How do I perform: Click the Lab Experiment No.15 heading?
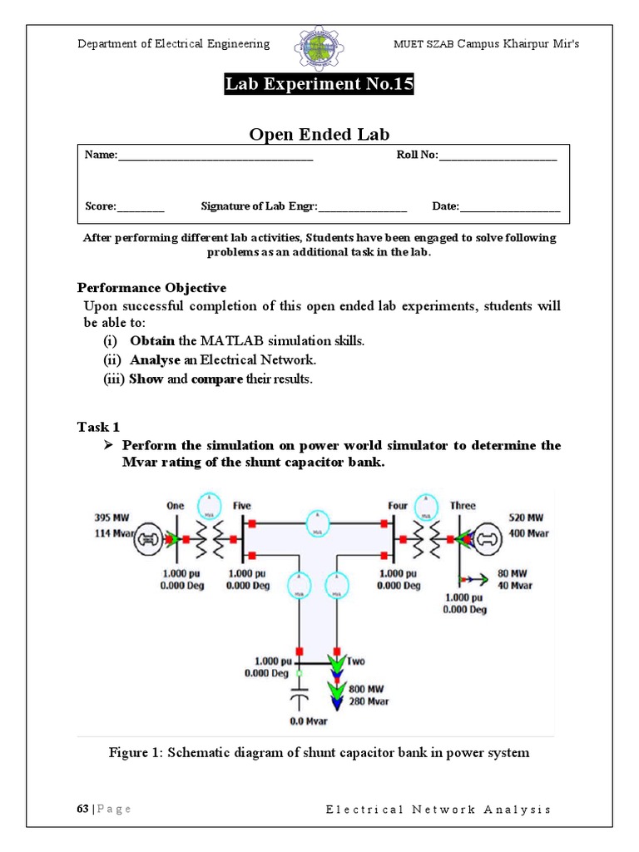pos(319,85)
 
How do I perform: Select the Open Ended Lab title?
pos(319,135)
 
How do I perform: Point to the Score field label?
pos(101,206)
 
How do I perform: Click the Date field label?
pos(445,206)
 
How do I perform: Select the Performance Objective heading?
pos(151,288)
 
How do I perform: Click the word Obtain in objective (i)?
pos(152,341)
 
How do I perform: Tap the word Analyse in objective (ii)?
pos(154,360)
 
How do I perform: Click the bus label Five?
pos(242,505)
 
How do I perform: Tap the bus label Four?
pos(398,505)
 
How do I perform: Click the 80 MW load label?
pos(513,572)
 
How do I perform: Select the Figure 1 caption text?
pos(319,753)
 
